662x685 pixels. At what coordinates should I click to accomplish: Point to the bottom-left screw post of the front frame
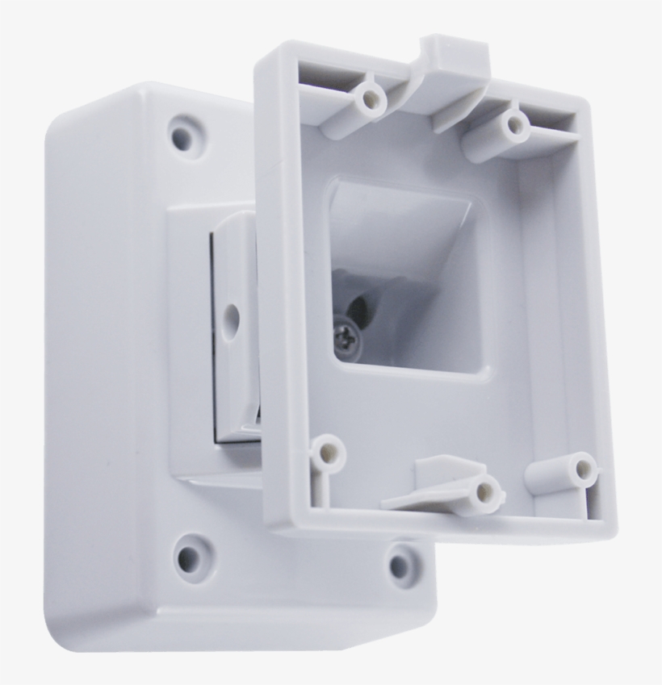[329, 451]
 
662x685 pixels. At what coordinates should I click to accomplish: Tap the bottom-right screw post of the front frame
[579, 471]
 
